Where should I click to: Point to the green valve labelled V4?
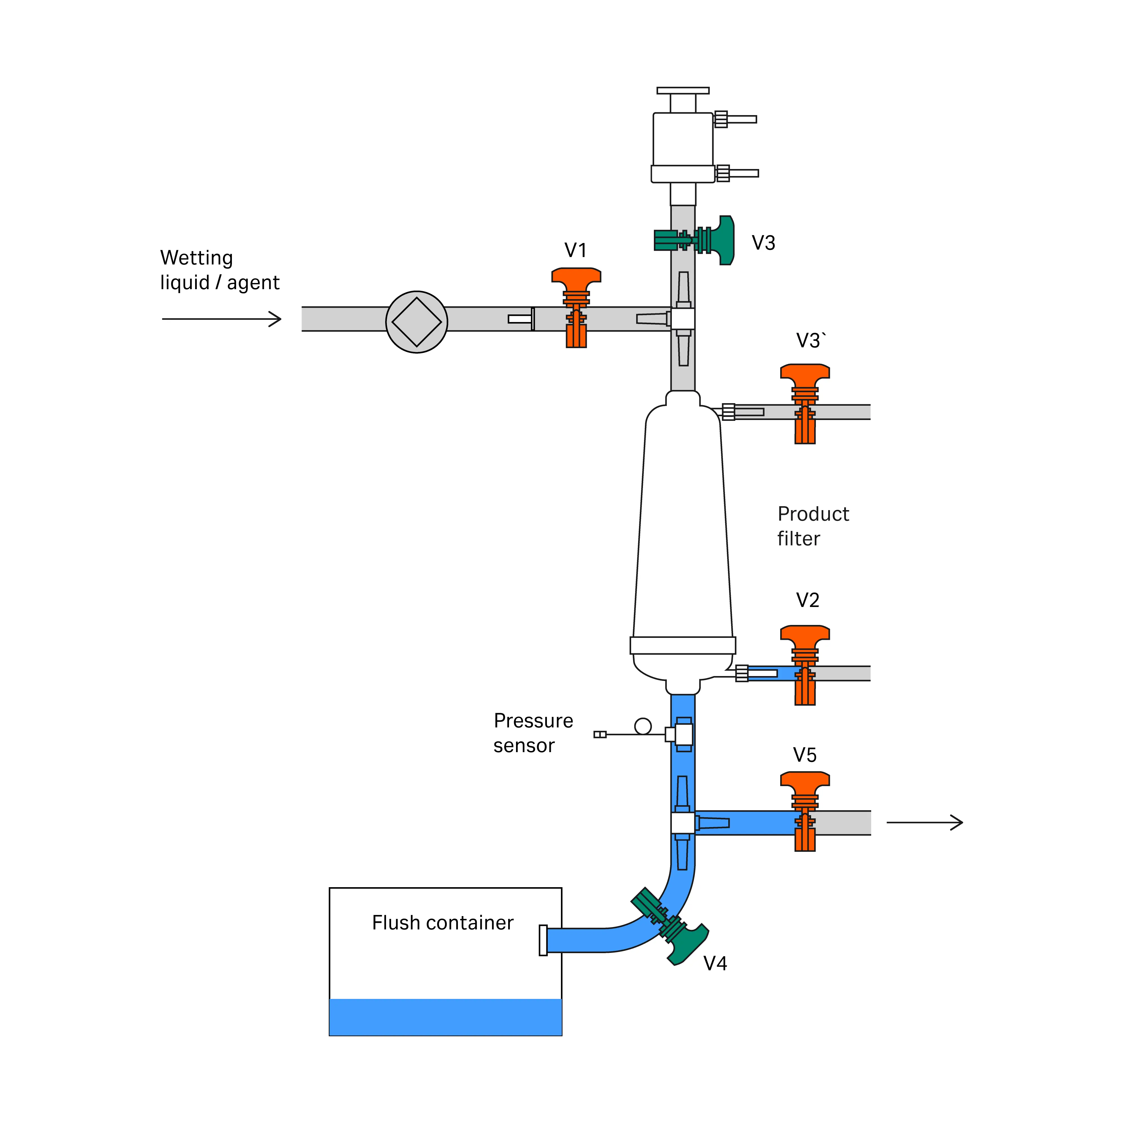pyautogui.click(x=671, y=927)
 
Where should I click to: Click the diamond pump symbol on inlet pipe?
pyautogui.click(x=417, y=321)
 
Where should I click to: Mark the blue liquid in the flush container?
pyautogui.click(x=445, y=1017)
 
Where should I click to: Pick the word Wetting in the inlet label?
pyautogui.click(x=197, y=257)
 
